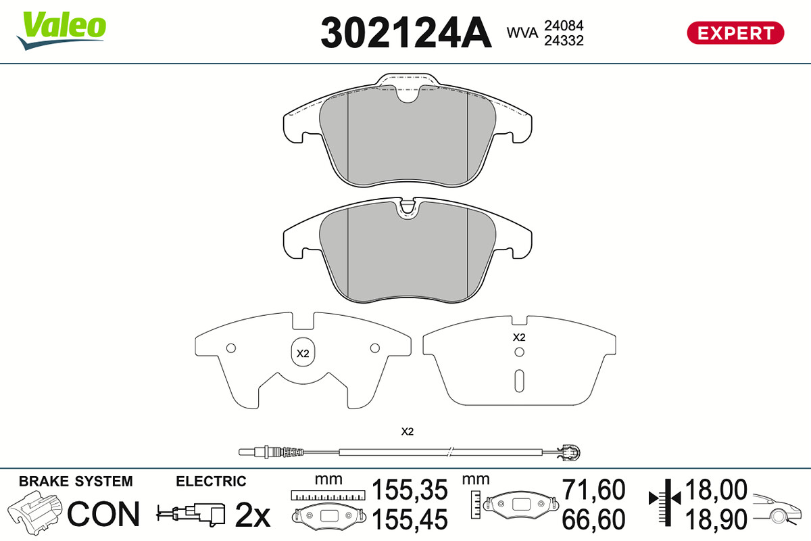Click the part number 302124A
coord(406,32)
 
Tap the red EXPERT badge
coord(735,33)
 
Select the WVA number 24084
coord(564,26)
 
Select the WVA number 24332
coord(564,41)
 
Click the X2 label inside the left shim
coord(303,353)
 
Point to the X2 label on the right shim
coord(519,337)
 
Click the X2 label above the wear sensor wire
coord(408,431)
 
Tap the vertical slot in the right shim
coord(519,381)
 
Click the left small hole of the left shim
coord(231,348)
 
